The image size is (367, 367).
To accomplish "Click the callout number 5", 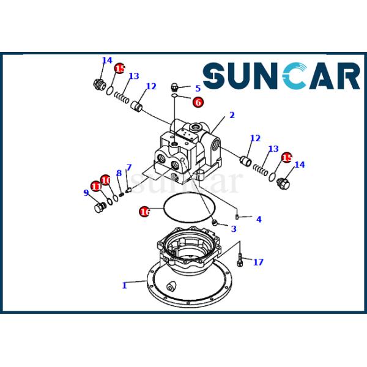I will (x=198, y=88).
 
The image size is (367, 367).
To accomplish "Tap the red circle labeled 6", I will (x=198, y=102).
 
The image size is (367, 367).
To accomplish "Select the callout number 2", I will (x=232, y=114).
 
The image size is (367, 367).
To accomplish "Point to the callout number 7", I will (x=129, y=168).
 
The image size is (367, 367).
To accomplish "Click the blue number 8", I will (x=119, y=173).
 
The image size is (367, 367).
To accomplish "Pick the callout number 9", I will (x=86, y=193).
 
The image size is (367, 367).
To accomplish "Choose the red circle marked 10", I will (x=106, y=180).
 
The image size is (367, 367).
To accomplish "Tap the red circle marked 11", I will (x=96, y=187).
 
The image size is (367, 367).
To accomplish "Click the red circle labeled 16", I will (x=144, y=212).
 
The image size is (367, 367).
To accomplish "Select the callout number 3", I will (x=233, y=229).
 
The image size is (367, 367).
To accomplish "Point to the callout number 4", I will (x=259, y=219).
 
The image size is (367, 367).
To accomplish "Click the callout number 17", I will (x=259, y=262).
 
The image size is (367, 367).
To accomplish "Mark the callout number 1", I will (x=124, y=285).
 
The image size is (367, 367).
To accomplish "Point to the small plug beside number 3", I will (x=215, y=221).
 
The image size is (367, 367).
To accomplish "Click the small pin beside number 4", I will (x=238, y=216).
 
